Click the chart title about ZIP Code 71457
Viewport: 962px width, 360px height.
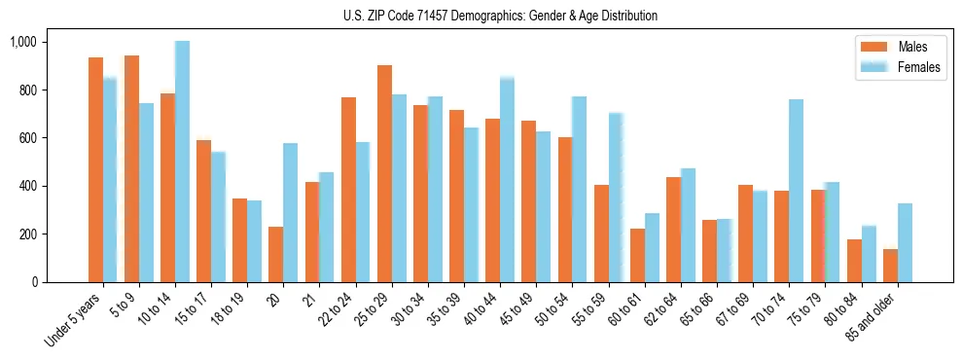500,16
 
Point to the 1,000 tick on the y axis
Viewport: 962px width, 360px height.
23,42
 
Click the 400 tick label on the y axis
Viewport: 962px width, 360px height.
27,186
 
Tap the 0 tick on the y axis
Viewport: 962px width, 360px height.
34,282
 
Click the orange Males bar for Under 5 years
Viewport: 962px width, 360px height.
95,170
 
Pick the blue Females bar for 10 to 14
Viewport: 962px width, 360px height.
183,162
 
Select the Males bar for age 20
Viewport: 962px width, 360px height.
275,254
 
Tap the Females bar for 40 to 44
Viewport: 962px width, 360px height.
507,179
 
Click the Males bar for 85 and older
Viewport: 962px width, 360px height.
890,266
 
